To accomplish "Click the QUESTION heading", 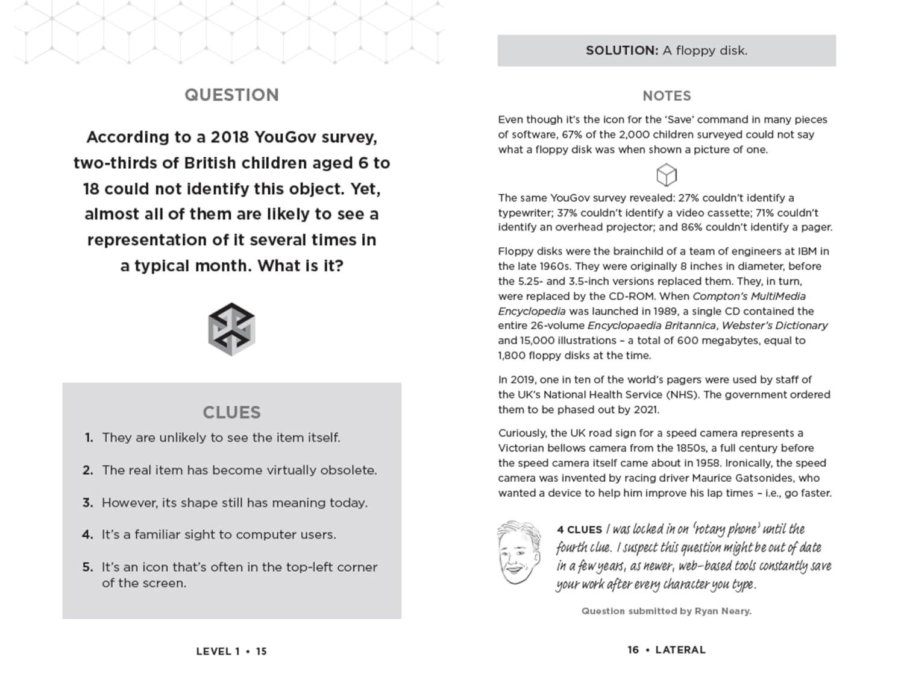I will click(x=231, y=95).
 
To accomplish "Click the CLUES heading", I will click(x=231, y=412).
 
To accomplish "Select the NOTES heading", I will click(x=667, y=96).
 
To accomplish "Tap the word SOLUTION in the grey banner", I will click(x=621, y=51).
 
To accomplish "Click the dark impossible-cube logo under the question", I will click(x=231, y=329).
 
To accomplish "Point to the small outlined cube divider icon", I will click(x=667, y=175).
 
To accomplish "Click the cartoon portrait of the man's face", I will click(x=518, y=552).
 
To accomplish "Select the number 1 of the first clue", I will click(x=89, y=438).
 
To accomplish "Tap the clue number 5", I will click(x=88, y=567).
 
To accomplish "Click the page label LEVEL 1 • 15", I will click(x=231, y=651).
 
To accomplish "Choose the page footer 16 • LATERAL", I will click(x=666, y=650).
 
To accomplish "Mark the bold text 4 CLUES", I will click(x=579, y=529).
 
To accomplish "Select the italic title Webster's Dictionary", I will click(x=774, y=326).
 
